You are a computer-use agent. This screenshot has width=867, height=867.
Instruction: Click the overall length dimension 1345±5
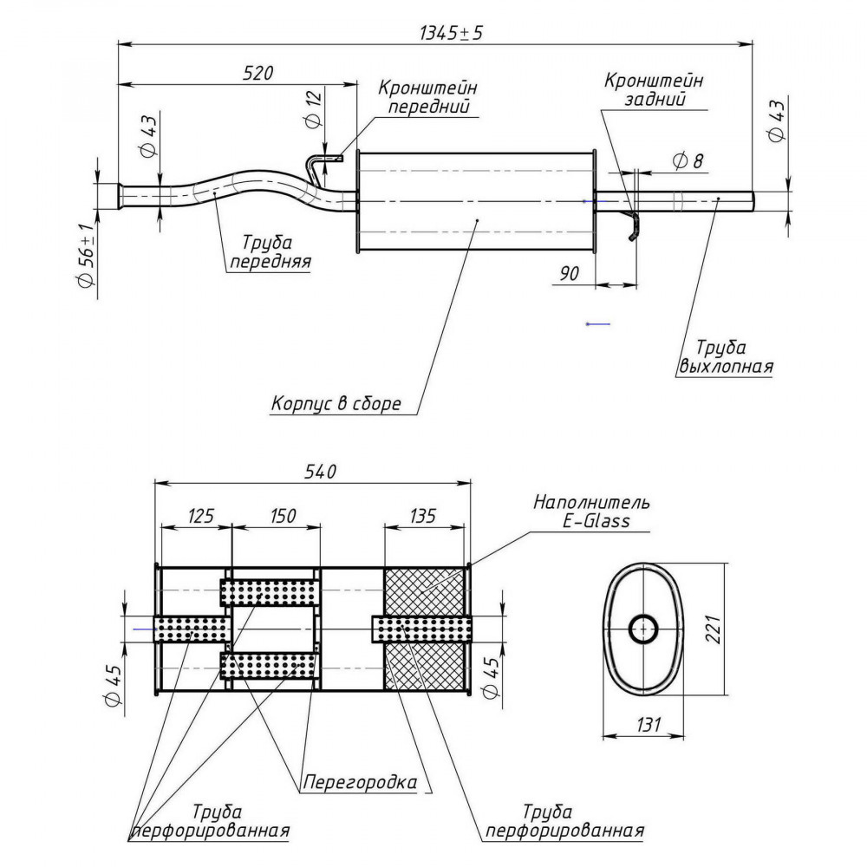click(451, 33)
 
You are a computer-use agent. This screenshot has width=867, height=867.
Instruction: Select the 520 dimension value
click(257, 73)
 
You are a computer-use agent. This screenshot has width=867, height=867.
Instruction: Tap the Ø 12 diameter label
click(313, 109)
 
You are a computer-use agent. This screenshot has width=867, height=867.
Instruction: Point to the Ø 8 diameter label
click(688, 161)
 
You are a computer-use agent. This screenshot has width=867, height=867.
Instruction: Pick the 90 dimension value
click(570, 273)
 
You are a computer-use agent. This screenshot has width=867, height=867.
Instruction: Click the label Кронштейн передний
click(427, 96)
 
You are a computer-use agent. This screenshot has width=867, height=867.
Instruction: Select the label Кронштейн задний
click(654, 89)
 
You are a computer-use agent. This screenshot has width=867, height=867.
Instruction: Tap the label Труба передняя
click(270, 251)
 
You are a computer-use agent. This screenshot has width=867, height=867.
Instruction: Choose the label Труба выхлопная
click(725, 356)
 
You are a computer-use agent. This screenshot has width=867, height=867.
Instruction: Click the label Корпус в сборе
click(336, 403)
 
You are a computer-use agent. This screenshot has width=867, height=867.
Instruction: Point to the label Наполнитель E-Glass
click(591, 512)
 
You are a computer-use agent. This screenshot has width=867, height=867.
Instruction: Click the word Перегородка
click(360, 782)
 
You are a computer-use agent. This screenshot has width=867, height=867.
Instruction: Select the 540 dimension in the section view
click(320, 471)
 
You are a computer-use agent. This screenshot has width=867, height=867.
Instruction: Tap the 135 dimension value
click(422, 516)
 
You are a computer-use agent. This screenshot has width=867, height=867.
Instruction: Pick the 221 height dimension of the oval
click(714, 629)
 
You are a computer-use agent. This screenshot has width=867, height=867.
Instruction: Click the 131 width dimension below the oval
click(648, 724)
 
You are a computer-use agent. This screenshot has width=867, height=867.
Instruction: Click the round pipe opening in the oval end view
click(643, 629)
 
